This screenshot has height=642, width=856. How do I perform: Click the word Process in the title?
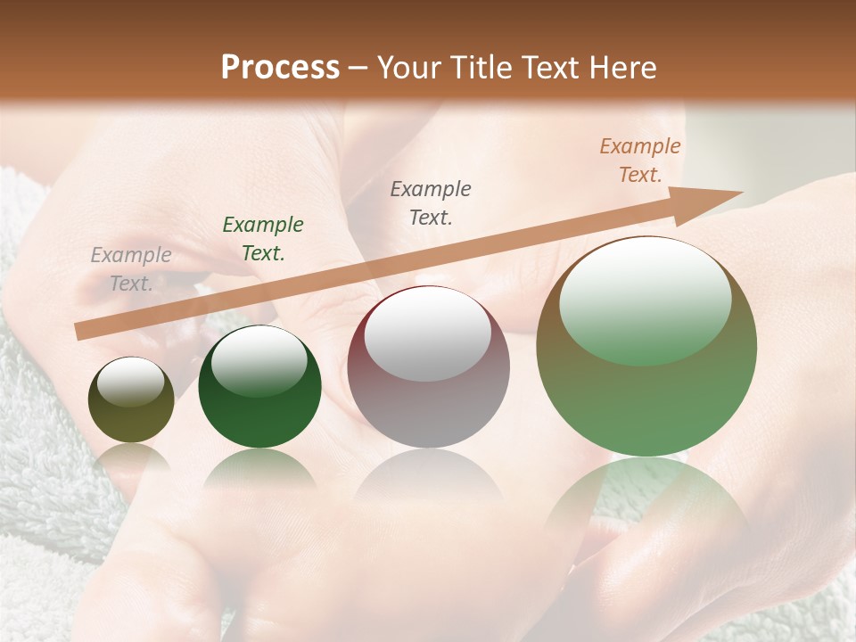(x=280, y=68)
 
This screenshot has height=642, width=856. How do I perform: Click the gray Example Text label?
(x=131, y=269)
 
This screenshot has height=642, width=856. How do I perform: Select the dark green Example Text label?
(x=263, y=239)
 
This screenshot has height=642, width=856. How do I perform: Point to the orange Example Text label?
(x=640, y=160)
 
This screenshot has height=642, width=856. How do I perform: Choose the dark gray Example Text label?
(x=431, y=203)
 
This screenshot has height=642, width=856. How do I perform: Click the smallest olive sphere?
(x=131, y=400)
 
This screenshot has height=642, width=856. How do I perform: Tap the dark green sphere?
(x=259, y=387)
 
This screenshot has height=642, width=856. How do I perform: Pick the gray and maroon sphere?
(x=429, y=367)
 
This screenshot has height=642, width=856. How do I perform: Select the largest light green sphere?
(x=646, y=347)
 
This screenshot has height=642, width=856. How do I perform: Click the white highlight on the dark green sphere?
(x=259, y=361)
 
